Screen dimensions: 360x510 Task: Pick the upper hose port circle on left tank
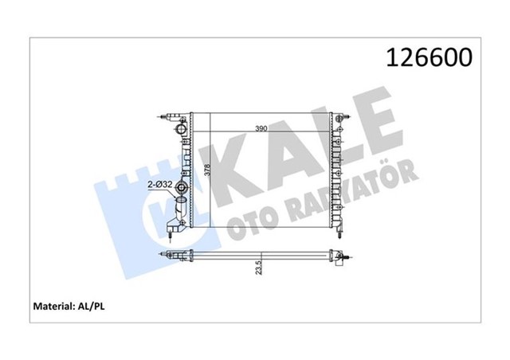click(182, 127)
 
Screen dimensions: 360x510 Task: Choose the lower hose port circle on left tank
click(182, 189)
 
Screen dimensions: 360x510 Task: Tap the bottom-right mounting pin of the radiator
click(340, 232)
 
